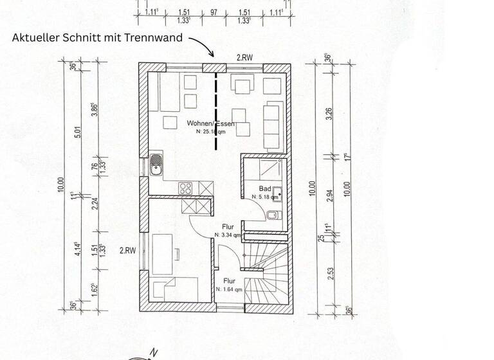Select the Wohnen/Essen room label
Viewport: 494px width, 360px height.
pos(210,123)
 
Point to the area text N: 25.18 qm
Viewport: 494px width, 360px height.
pos(211,131)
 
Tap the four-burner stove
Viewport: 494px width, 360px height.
pos(187,188)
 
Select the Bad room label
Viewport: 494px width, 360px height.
pos(264,189)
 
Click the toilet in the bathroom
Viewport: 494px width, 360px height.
pos(273,214)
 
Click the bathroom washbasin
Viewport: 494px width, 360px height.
pos(277,192)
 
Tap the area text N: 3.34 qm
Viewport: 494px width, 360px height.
pos(228,235)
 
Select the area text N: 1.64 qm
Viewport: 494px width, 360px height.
pos(229,289)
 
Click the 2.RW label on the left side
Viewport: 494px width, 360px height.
pos(127,250)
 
